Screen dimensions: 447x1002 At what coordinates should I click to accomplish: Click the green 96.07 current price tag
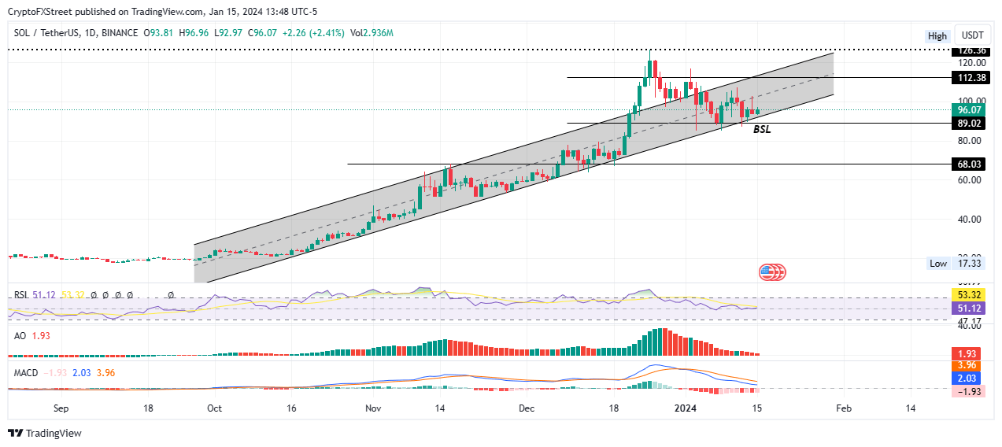tap(967, 111)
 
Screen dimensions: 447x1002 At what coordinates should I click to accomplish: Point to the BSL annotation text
tap(762, 129)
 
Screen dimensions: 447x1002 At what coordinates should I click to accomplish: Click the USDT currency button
tap(973, 35)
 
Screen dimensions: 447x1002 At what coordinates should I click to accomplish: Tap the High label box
tap(937, 35)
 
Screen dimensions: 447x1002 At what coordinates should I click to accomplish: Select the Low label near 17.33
tap(938, 264)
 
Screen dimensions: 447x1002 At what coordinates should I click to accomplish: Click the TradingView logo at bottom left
tap(45, 433)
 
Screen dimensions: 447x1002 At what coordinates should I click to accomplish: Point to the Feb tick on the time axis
tap(843, 408)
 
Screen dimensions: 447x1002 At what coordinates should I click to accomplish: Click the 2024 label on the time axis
tap(686, 408)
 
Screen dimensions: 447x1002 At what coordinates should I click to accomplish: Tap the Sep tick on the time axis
tap(62, 408)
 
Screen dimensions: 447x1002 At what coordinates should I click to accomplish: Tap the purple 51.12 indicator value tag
tap(967, 308)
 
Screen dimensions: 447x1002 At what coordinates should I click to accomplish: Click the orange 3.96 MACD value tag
tap(967, 365)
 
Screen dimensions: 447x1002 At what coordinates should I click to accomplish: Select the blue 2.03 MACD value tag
tap(967, 378)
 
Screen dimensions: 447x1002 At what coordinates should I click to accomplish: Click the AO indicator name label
tap(21, 336)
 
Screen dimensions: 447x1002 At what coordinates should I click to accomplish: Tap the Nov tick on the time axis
tap(373, 408)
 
